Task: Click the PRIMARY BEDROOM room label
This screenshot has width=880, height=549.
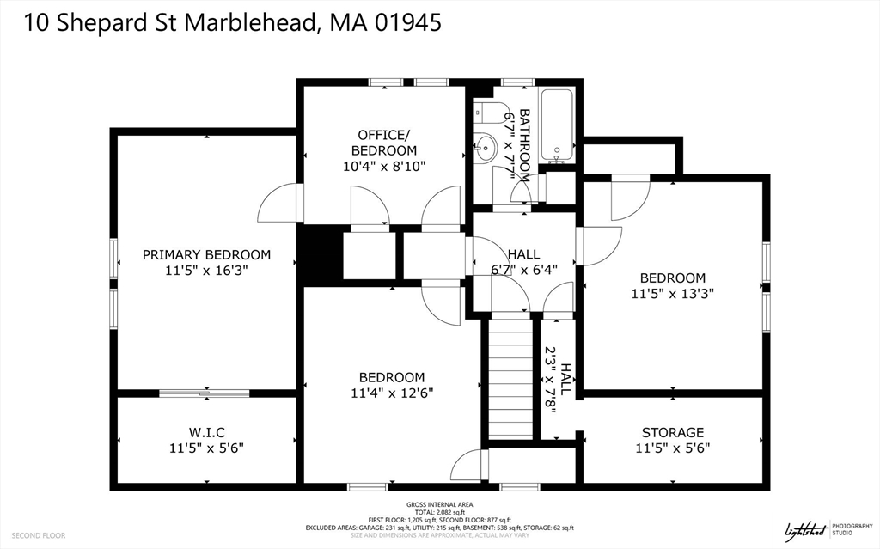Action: (x=206, y=254)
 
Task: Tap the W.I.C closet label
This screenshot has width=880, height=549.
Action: (x=206, y=431)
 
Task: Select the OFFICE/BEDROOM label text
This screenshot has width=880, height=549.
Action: (x=384, y=143)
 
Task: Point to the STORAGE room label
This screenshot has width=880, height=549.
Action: (x=672, y=432)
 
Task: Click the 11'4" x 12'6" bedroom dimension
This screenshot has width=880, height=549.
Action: (x=391, y=393)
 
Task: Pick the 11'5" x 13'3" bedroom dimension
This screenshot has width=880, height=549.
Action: (x=672, y=293)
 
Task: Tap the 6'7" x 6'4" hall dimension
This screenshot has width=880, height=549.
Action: (x=523, y=269)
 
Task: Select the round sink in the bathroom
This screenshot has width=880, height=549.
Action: (x=485, y=148)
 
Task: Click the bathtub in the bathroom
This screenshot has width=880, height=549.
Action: (x=559, y=125)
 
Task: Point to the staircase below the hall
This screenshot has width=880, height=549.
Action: (x=510, y=378)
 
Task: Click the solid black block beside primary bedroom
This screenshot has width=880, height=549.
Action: (x=319, y=253)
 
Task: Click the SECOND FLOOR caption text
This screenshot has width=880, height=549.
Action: (x=39, y=535)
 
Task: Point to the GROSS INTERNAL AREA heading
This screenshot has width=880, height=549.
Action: (x=439, y=504)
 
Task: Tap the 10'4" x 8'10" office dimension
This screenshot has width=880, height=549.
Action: (x=384, y=166)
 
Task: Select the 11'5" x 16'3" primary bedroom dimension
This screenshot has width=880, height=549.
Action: (x=206, y=270)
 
